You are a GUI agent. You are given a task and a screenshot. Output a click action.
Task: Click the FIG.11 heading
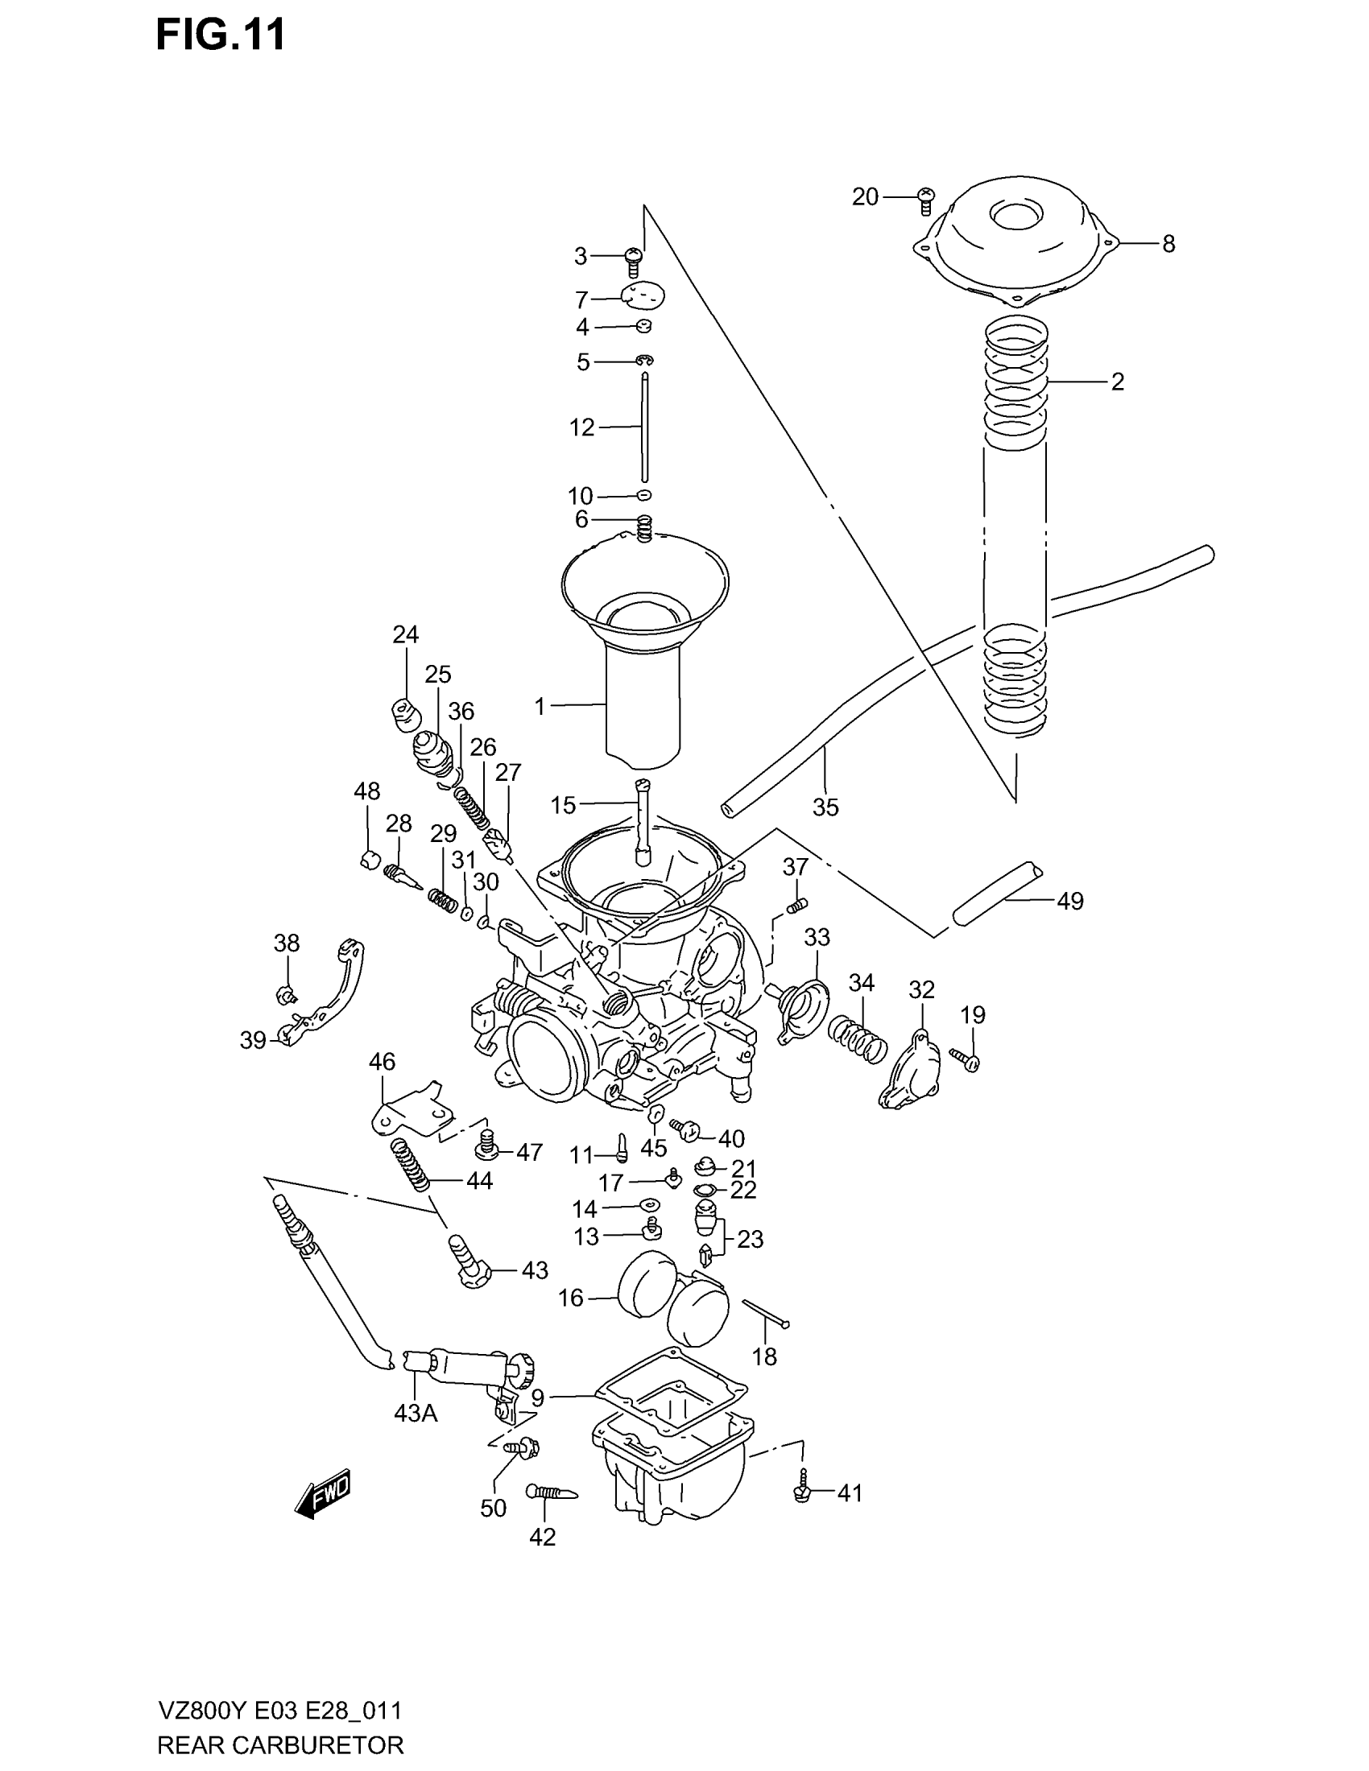click(220, 36)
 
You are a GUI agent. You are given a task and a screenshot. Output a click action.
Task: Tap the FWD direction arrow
click(324, 1492)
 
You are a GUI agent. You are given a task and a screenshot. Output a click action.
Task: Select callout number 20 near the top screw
click(865, 196)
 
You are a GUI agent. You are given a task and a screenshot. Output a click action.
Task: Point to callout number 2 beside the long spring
click(1117, 382)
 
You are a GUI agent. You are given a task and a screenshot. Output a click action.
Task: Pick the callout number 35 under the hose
click(825, 807)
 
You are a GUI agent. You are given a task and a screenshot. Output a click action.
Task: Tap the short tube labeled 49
click(996, 894)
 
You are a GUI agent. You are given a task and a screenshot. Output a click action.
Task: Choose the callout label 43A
click(416, 1414)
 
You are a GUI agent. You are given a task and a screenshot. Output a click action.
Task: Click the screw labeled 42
click(552, 1492)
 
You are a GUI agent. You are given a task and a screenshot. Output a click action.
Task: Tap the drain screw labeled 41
click(802, 1493)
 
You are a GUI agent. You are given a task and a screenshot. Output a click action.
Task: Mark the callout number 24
click(405, 634)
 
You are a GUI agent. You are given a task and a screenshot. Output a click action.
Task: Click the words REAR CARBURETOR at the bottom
click(279, 1744)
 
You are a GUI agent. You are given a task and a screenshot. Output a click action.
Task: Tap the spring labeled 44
click(412, 1165)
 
